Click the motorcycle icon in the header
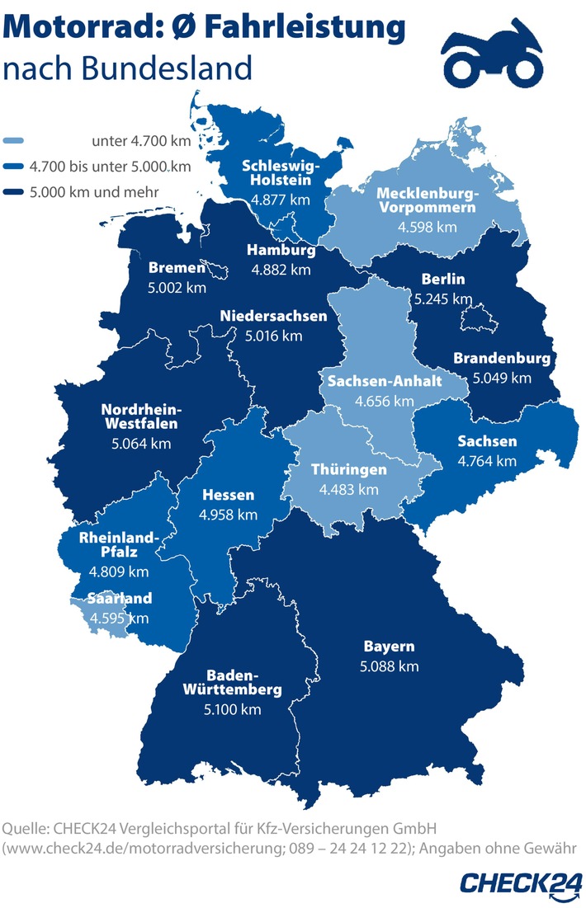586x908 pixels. coord(494,57)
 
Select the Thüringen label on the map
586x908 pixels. coord(348,470)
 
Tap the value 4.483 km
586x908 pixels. coord(348,489)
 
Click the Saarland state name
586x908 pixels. coord(121,599)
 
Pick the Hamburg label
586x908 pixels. coord(281,250)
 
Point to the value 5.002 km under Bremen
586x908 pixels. coord(176,288)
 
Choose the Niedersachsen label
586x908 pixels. coord(273,316)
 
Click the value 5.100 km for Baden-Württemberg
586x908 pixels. coord(234,709)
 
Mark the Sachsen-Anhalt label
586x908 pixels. coord(385,382)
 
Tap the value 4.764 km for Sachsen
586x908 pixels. coord(487,460)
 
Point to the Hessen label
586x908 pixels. coord(229,496)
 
